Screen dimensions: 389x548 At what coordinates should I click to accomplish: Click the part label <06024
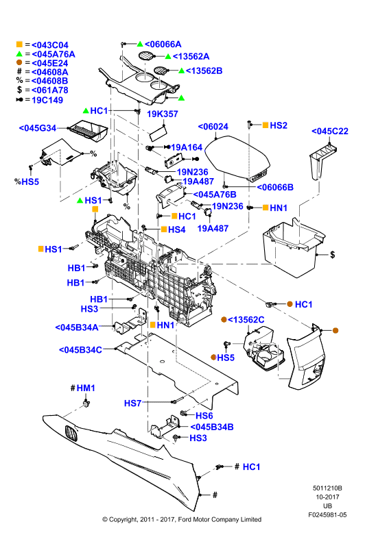point(213,127)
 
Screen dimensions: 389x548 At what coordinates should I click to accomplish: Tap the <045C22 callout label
point(330,131)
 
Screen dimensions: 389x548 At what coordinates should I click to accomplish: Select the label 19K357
point(163,114)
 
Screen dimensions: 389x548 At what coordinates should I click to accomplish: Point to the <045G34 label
point(38,128)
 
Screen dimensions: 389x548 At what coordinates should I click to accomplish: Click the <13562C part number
point(246,320)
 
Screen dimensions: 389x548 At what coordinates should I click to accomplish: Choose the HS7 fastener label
point(132,403)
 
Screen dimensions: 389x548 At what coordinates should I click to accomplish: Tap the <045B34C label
point(80,350)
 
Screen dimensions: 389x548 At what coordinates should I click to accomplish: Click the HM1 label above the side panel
point(86,388)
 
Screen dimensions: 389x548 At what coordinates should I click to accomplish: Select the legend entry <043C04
point(50,45)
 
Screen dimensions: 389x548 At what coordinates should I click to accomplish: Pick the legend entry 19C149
point(47,100)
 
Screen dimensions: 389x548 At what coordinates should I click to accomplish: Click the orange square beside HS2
point(266,125)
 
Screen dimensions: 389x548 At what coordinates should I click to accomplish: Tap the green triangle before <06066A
point(140,44)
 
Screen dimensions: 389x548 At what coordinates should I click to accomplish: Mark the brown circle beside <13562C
point(224,319)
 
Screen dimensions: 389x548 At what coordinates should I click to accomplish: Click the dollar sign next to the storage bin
point(332,254)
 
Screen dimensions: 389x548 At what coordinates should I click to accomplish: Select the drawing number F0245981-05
point(327,515)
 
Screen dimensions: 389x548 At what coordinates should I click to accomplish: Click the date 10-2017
point(327,497)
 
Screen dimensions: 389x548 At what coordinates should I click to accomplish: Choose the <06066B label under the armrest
point(275,187)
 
